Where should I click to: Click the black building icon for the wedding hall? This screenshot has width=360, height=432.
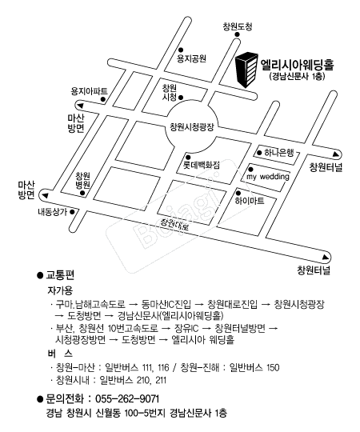(x=246, y=70)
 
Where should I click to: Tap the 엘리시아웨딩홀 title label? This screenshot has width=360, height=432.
(x=297, y=65)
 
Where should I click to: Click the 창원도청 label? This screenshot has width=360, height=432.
(x=237, y=26)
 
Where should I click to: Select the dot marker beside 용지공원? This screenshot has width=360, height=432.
(x=181, y=50)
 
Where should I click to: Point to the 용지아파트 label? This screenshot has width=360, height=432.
(x=90, y=91)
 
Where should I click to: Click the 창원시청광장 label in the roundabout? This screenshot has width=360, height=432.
(x=192, y=127)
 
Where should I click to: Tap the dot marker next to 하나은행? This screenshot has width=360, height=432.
(x=259, y=153)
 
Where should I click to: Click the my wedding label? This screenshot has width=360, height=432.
(x=268, y=176)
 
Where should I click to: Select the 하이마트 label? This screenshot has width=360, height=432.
(x=250, y=201)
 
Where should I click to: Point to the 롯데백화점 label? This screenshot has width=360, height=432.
(x=202, y=165)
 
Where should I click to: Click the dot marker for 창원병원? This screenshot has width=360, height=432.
(x=82, y=193)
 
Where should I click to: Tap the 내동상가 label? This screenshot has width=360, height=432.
(x=52, y=212)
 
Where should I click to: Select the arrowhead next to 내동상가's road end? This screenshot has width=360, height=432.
(x=45, y=196)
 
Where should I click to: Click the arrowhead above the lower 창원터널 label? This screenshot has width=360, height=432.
(x=326, y=258)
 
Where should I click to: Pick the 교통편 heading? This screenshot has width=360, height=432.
(x=60, y=275)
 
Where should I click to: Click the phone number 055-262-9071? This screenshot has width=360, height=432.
(x=127, y=398)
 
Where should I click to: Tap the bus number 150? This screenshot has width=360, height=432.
(x=273, y=367)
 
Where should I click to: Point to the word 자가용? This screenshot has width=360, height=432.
(x=60, y=290)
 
